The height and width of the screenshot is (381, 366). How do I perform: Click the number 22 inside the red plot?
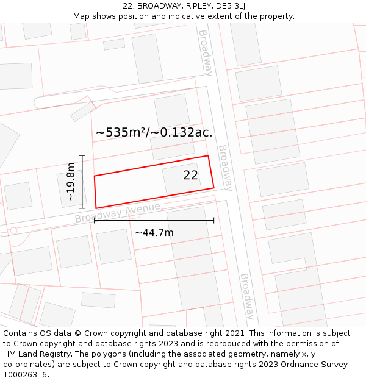(x=190, y=175)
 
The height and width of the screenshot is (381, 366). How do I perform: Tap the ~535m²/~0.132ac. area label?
(x=154, y=132)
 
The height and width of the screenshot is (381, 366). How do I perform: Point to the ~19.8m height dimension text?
(x=71, y=182)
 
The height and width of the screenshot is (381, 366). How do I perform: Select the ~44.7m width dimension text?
(x=154, y=232)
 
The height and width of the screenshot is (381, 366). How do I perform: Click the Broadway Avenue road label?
(x=117, y=213)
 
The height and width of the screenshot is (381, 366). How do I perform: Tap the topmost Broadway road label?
(x=206, y=53)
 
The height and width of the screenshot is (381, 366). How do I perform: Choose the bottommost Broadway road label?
(x=246, y=296)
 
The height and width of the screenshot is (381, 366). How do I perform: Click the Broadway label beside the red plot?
(x=226, y=168)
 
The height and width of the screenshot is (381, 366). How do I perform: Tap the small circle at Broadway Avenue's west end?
(x=13, y=231)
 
